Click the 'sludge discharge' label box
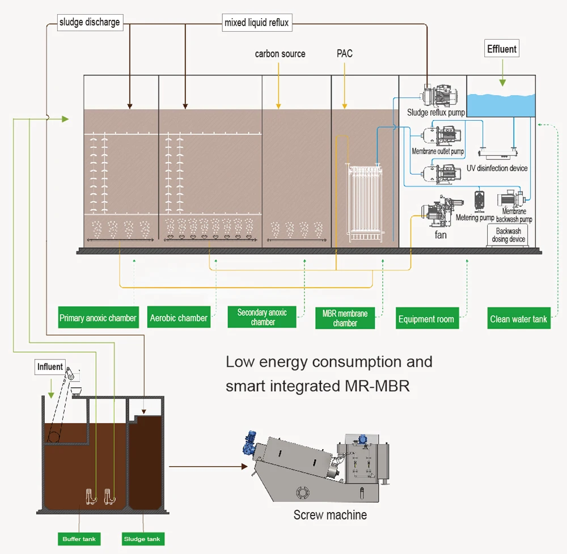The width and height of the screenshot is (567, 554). [x=90, y=23]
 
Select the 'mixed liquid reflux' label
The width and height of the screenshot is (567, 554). [x=256, y=23]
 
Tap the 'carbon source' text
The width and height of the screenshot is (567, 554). [x=280, y=54]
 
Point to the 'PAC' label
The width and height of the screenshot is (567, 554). [x=344, y=54]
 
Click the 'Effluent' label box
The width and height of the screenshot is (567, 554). [x=502, y=49]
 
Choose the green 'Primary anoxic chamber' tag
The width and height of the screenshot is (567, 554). [x=98, y=318]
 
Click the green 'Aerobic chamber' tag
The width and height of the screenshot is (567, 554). [x=179, y=318]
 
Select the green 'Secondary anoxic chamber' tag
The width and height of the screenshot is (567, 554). [x=262, y=317]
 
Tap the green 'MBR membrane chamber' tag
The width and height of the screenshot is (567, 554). [x=345, y=318]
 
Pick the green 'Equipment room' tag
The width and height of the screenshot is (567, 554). [x=426, y=319]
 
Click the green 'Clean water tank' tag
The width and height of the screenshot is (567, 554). [x=518, y=319]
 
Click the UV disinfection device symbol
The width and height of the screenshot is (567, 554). [x=498, y=153]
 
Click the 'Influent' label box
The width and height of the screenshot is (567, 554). [x=50, y=367]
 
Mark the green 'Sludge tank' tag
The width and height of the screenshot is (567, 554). [x=142, y=539]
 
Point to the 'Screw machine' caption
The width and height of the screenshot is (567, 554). [x=330, y=515]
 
